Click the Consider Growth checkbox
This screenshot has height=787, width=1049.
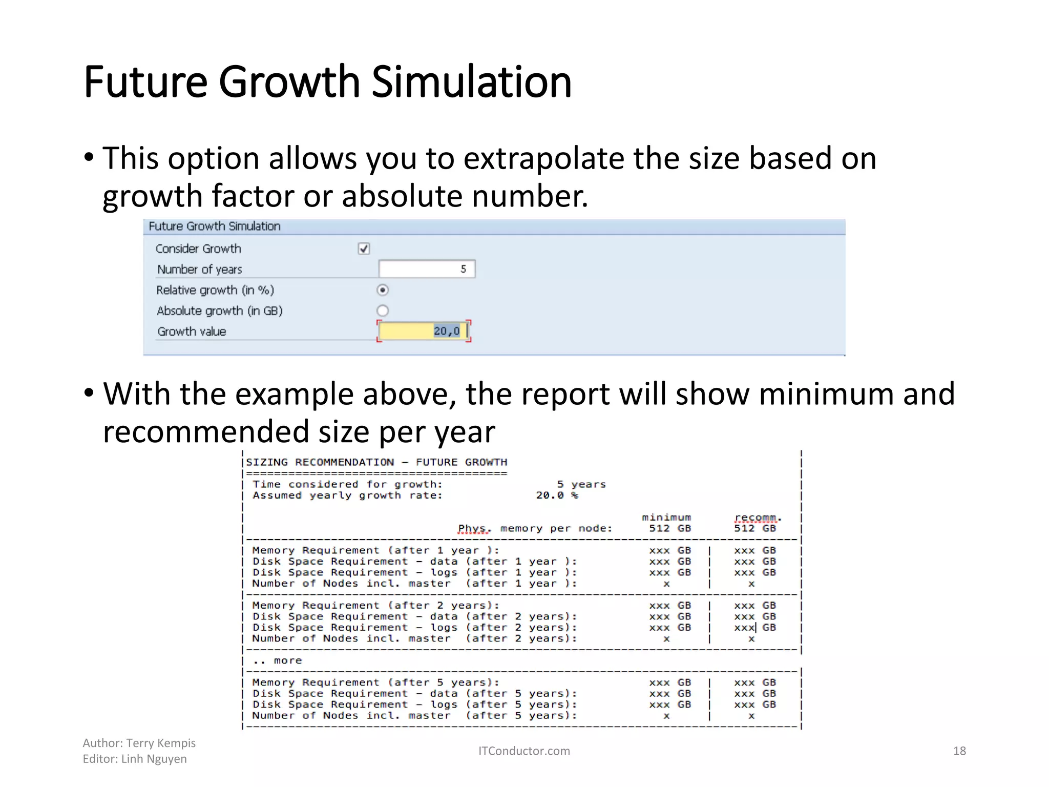pos(364,248)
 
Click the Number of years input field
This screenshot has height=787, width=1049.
pos(426,269)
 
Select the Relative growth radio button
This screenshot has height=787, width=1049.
pos(383,290)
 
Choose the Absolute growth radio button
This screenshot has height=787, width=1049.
pos(383,310)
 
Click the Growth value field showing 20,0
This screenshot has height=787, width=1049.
pos(423,331)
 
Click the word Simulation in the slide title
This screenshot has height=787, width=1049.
pos(471,82)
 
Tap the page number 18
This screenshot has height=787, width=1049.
pos(959,751)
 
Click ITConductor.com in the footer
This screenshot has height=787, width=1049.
pos(524,751)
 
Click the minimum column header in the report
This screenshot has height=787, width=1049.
pos(666,517)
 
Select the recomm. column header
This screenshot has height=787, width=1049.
pos(757,517)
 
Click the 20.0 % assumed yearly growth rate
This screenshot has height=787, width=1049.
pos(557,495)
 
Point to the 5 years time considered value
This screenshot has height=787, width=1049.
pos(581,484)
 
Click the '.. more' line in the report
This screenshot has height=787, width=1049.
pos(278,660)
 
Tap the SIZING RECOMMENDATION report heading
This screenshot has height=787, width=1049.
pos(376,462)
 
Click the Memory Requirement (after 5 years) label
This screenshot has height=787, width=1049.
pos(375,682)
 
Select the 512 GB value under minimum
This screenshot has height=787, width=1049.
pos(669,528)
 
